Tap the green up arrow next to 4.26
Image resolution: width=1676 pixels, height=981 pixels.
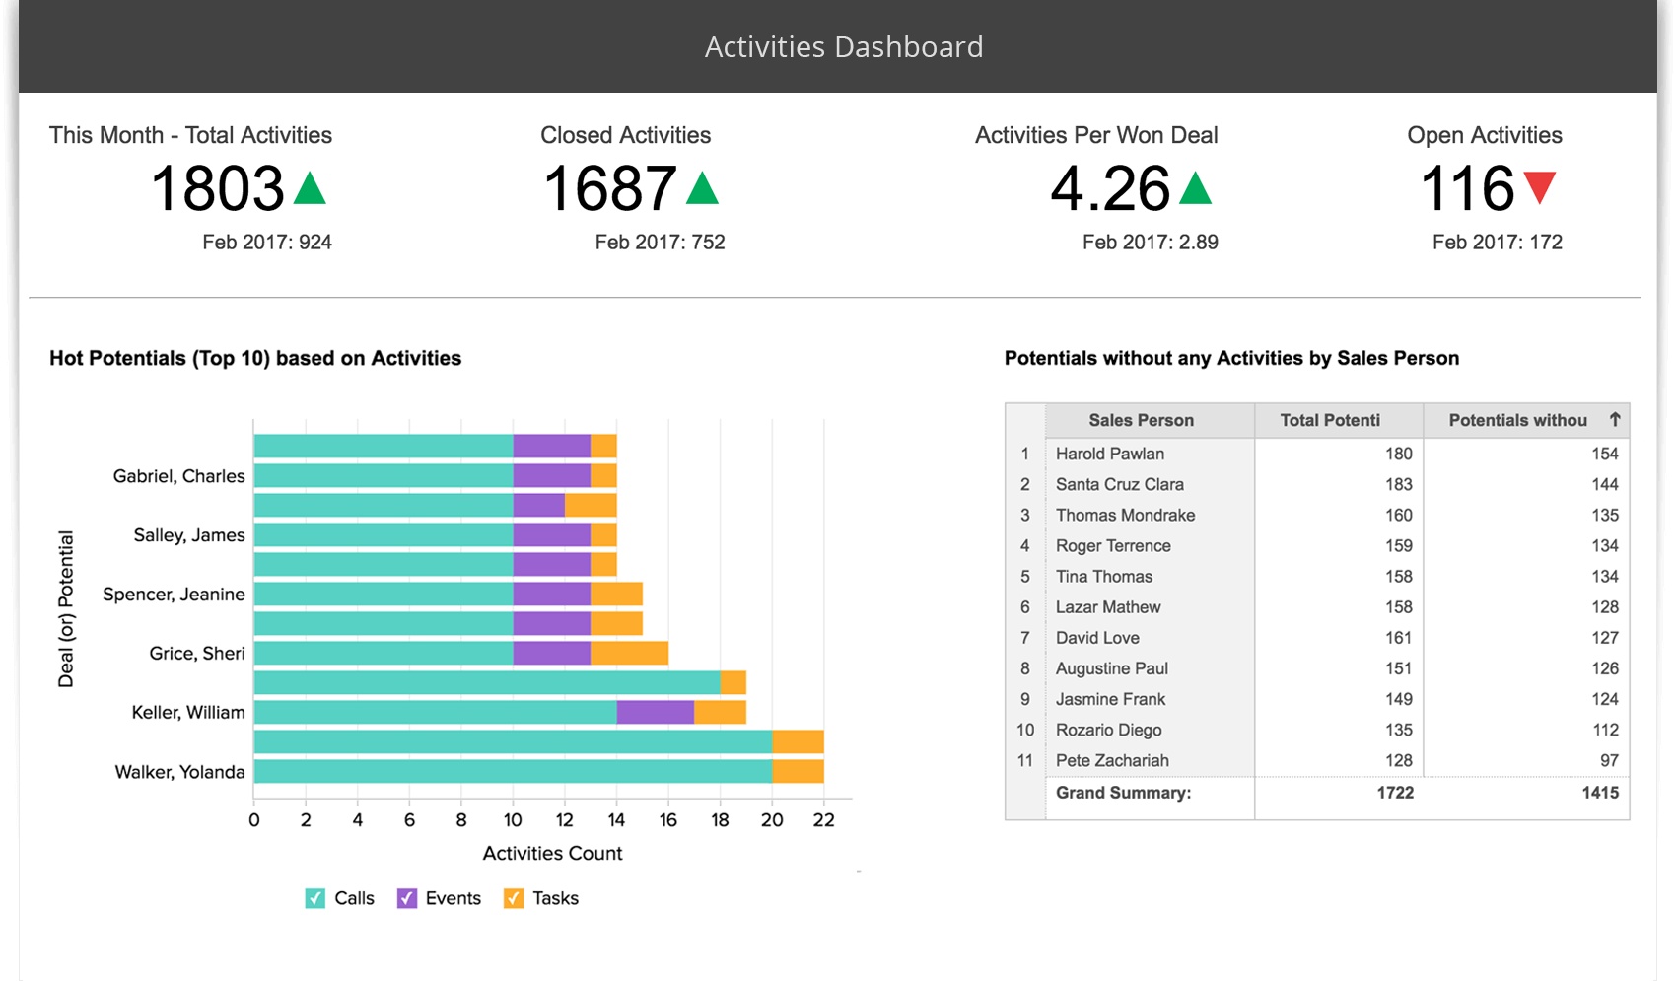(1195, 188)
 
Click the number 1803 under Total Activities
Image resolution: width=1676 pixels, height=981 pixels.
(217, 188)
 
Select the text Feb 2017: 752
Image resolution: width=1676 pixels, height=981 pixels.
(660, 242)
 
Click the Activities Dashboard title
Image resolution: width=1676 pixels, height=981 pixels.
(844, 47)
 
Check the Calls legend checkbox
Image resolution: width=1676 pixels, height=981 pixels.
(315, 898)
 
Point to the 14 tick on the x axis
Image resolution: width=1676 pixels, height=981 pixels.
(616, 820)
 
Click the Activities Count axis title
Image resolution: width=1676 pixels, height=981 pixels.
(552, 853)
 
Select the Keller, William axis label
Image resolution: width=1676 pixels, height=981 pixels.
(188, 712)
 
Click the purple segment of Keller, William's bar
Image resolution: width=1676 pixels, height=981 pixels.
(655, 712)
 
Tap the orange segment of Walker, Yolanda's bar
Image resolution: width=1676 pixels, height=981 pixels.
(798, 771)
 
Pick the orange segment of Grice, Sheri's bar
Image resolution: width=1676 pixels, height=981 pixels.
(629, 653)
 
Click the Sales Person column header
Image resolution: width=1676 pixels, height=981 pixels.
(1141, 420)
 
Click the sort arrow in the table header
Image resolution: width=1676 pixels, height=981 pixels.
(1615, 419)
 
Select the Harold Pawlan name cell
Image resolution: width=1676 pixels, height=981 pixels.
(1110, 454)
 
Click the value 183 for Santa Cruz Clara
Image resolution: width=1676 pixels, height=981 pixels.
(1398, 484)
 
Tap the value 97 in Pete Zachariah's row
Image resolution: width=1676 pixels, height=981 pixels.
(1609, 760)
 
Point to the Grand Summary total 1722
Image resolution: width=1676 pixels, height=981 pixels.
(1395, 793)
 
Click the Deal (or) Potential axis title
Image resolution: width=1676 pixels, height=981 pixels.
(66, 608)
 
